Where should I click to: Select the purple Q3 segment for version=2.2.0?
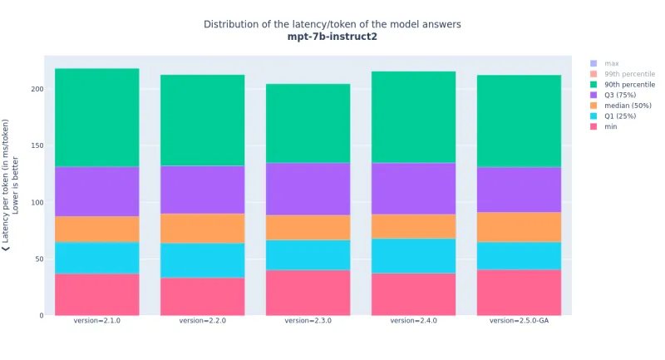coord(202,190)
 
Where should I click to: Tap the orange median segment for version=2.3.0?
coord(308,227)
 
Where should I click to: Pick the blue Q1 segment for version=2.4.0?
coord(413,255)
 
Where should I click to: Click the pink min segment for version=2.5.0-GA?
coord(519,292)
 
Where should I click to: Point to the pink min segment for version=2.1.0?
coord(96,294)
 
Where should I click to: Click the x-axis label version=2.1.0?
coord(96,320)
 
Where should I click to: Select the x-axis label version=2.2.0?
coord(202,320)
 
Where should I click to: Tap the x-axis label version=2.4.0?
coord(413,320)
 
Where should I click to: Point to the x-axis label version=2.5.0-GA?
coord(519,320)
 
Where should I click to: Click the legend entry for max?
coord(612,63)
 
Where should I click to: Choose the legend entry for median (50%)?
coord(628,105)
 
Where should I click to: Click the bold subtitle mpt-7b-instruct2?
coord(332,37)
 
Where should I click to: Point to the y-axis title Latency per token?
coord(6,185)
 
